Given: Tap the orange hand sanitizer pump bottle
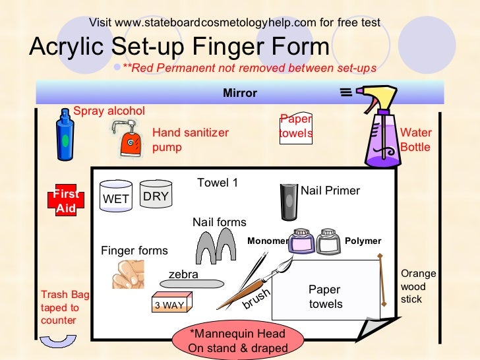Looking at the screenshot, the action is coord(130,139).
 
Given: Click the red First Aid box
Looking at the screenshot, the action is coord(66,201).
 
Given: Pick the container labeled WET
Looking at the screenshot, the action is coord(115,195).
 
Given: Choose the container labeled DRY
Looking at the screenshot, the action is coord(156,194).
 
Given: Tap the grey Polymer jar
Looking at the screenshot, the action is coord(328,241).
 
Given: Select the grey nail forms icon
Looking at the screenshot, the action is coord(216,247).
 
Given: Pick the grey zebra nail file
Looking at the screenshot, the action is coord(184,284).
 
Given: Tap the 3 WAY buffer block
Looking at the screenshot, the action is coord(171,303).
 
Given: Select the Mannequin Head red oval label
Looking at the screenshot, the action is coord(238,341).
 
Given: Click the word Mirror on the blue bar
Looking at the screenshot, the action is coord(240,93).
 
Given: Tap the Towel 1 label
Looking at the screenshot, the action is coord(218,183).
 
